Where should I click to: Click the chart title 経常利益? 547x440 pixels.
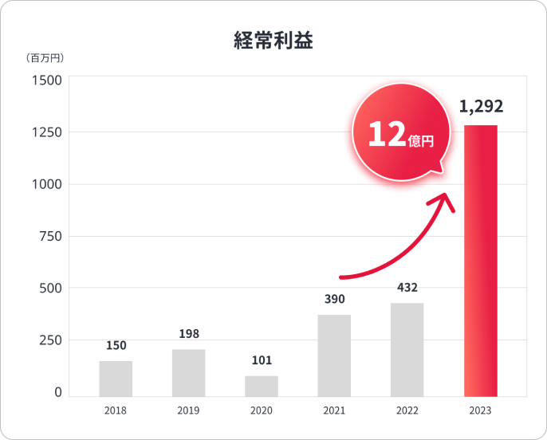click(273, 41)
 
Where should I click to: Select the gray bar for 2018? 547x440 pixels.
click(116, 379)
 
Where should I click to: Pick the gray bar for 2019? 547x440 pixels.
click(188, 373)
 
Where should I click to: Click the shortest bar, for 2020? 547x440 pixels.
click(262, 386)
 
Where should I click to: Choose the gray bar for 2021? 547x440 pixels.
click(334, 356)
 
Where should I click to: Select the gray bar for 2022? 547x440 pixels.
click(407, 350)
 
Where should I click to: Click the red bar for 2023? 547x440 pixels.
click(480, 261)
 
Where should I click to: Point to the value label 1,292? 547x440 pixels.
click(481, 107)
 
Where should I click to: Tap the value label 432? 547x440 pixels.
click(407, 288)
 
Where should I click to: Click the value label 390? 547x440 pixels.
click(334, 299)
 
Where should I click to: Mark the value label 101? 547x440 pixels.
click(262, 360)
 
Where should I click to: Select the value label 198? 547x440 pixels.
click(189, 334)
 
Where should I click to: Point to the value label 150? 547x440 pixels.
click(116, 345)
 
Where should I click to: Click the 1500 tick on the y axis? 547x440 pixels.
click(47, 80)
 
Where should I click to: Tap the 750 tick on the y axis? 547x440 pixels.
click(51, 236)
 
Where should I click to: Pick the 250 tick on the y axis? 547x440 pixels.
click(51, 340)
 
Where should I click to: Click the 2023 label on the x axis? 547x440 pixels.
click(480, 411)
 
